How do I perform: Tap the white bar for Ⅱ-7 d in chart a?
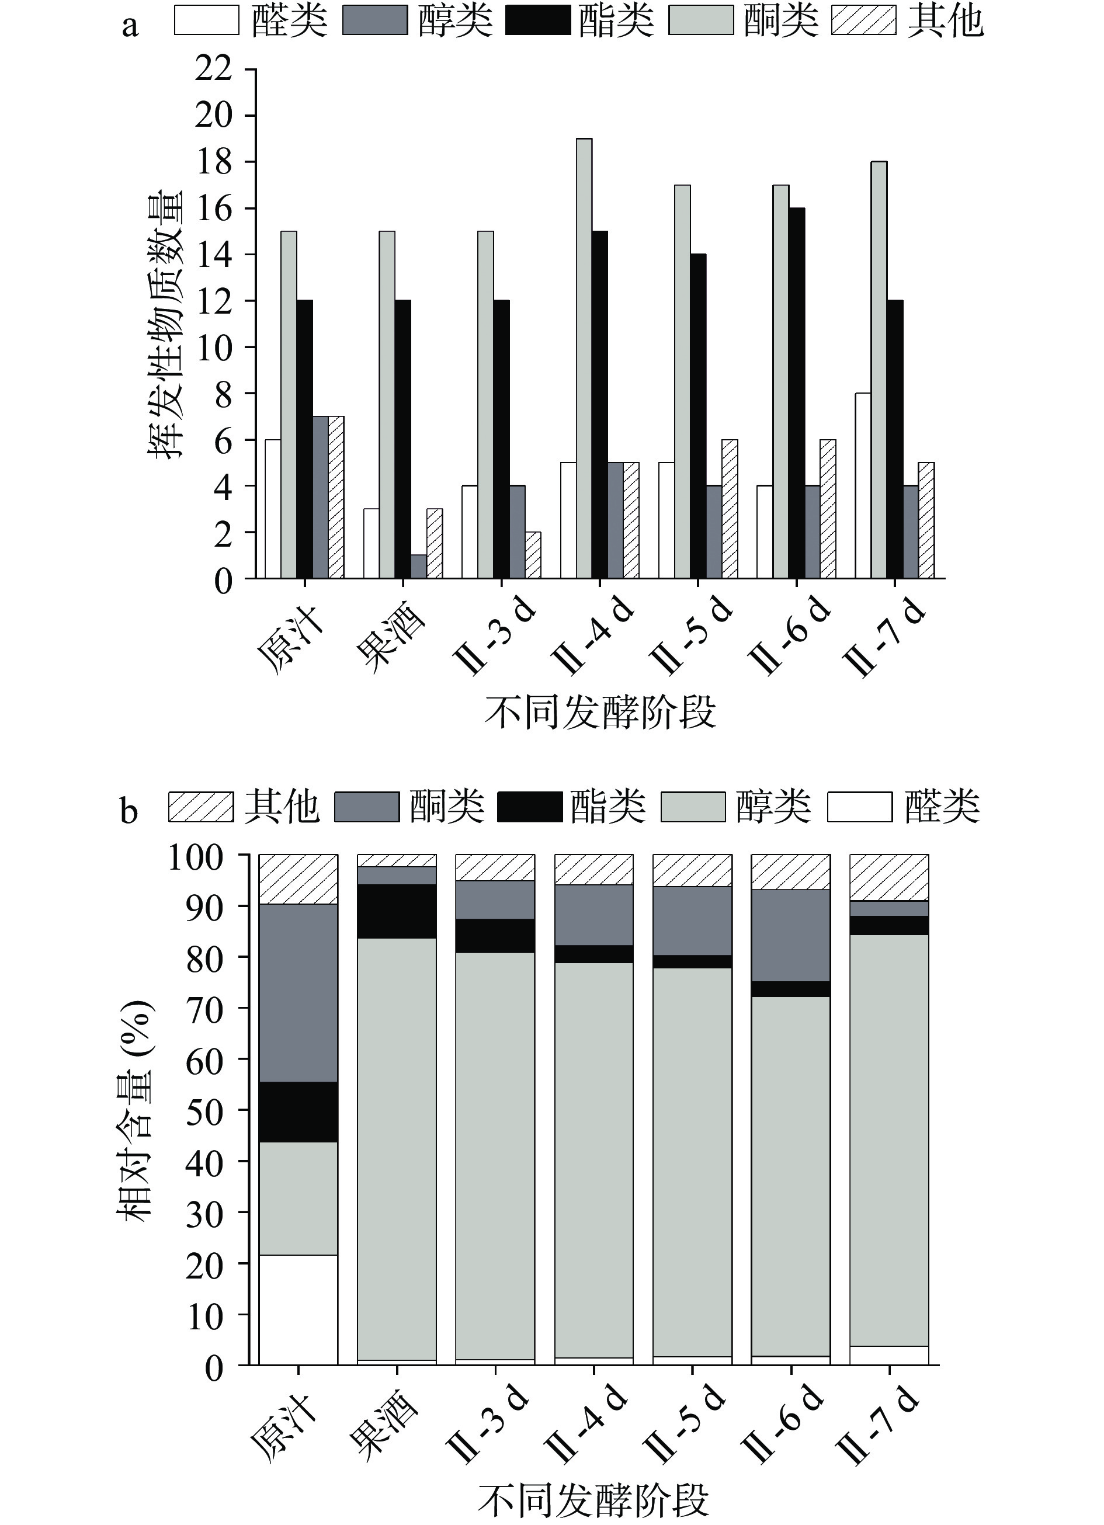863,485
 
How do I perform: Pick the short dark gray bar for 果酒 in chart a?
418,566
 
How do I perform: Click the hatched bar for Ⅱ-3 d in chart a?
533,555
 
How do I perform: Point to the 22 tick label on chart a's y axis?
213,70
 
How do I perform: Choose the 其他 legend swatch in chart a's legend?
863,20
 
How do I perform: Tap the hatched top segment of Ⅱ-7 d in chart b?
889,877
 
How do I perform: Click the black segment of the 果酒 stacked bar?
397,911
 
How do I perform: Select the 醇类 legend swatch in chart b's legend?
693,807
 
